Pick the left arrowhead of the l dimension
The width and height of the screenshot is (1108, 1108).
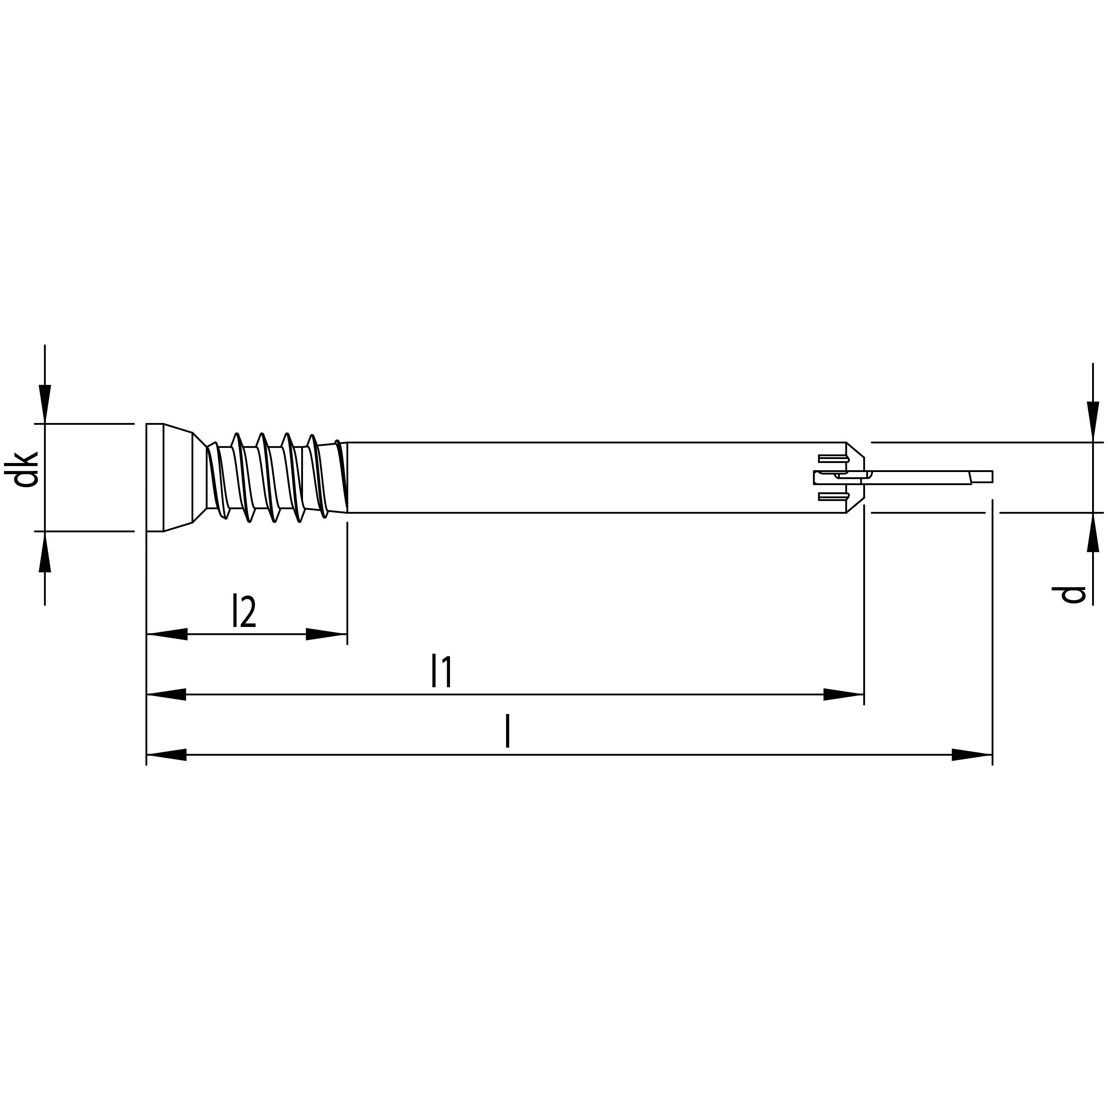[167, 755]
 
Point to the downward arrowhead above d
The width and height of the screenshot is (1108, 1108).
[1093, 421]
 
